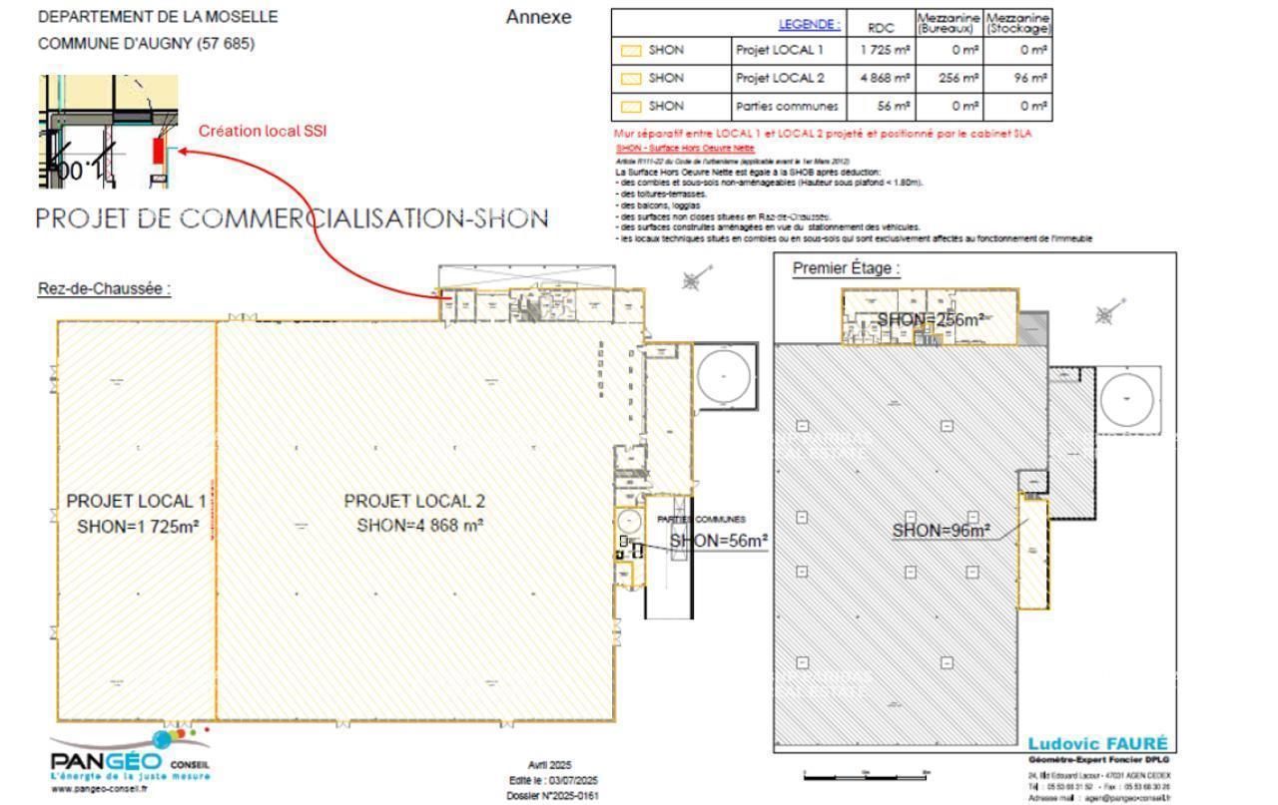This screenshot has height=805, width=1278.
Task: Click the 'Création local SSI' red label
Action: [262, 131]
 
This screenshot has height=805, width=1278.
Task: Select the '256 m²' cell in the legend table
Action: [949, 77]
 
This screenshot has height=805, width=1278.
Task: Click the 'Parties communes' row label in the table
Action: [786, 106]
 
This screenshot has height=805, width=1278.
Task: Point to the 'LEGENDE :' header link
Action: [809, 23]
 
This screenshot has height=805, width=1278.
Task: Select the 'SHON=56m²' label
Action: [718, 541]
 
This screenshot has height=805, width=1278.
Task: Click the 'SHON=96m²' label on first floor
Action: [941, 531]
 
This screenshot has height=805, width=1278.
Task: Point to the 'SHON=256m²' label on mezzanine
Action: [931, 319]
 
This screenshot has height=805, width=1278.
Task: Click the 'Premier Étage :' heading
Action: [846, 268]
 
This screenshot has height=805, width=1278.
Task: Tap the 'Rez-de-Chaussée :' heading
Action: [104, 288]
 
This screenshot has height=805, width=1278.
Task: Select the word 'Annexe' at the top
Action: [538, 17]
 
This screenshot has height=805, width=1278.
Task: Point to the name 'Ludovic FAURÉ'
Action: [1096, 745]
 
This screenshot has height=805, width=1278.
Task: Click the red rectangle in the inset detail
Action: [157, 150]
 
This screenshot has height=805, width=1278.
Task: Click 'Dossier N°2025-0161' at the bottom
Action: [553, 796]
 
